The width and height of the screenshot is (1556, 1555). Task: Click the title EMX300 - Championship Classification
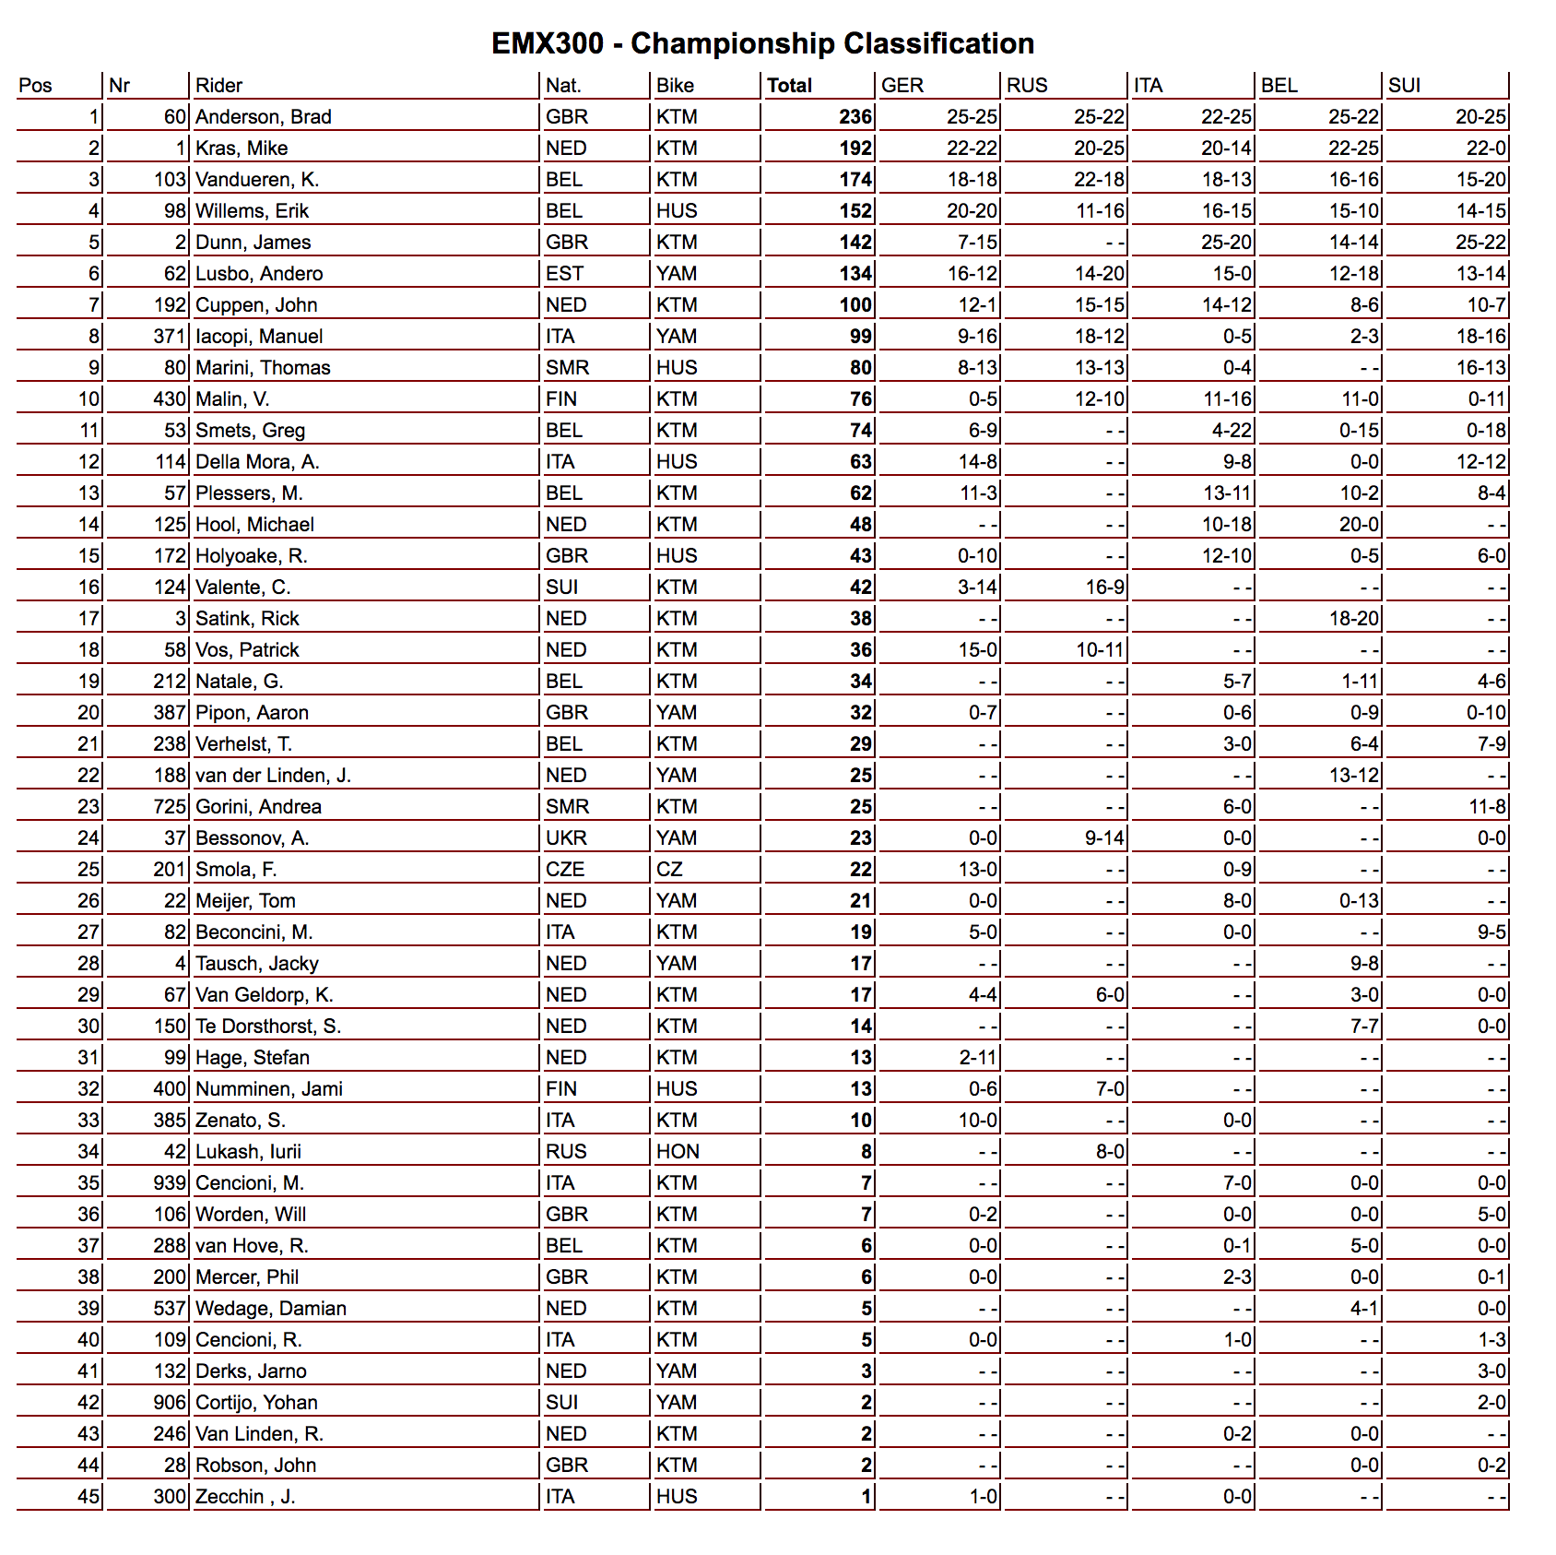tap(762, 43)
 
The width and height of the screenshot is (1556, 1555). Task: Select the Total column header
tap(789, 86)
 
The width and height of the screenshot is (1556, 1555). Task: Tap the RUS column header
tap(1027, 86)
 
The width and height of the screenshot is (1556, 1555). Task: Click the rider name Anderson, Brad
tap(263, 117)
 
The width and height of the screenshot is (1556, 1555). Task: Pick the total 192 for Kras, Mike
tap(855, 148)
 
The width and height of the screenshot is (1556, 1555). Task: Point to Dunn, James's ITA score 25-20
tap(1226, 243)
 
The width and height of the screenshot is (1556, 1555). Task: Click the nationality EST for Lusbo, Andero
tap(563, 274)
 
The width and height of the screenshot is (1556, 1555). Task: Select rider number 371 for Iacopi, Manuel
tap(170, 337)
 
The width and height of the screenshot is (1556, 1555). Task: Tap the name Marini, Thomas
tap(263, 368)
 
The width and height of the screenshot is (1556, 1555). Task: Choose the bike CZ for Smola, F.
tap(669, 870)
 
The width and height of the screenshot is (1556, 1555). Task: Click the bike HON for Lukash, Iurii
tap(678, 1152)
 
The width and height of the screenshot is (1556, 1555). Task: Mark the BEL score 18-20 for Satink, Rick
tap(1353, 619)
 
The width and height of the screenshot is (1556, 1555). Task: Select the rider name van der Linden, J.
tap(273, 776)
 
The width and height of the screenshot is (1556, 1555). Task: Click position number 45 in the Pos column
tap(88, 1497)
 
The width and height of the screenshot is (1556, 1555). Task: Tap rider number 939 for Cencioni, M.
tap(170, 1183)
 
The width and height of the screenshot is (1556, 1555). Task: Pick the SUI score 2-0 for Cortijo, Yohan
tap(1491, 1403)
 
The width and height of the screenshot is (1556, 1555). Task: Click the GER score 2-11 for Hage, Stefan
tap(978, 1058)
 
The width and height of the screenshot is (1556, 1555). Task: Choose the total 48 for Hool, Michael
tap(860, 525)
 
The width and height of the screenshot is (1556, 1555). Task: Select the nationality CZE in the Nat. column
tap(565, 870)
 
